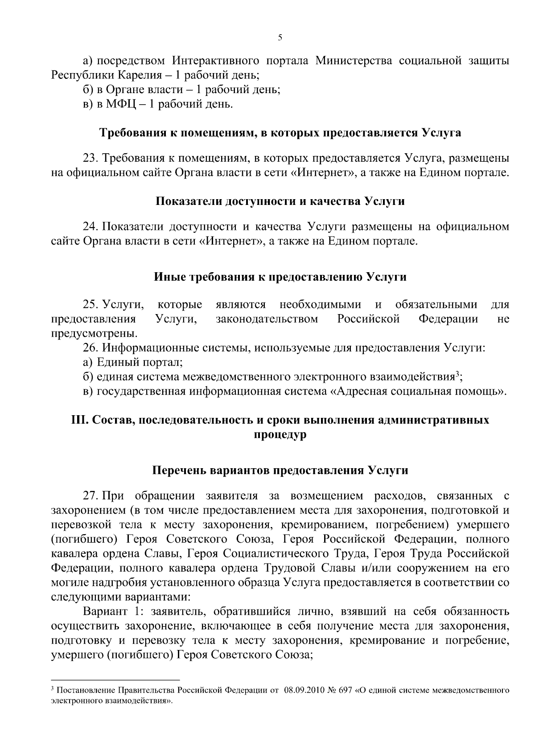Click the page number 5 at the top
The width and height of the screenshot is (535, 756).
point(280,38)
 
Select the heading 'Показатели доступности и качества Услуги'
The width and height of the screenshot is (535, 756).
point(280,201)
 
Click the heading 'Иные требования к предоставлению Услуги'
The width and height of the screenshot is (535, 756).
point(280,277)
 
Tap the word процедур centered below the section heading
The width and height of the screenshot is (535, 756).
point(280,435)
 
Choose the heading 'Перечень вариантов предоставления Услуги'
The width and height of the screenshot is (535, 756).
point(280,470)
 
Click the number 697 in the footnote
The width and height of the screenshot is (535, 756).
point(345,691)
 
